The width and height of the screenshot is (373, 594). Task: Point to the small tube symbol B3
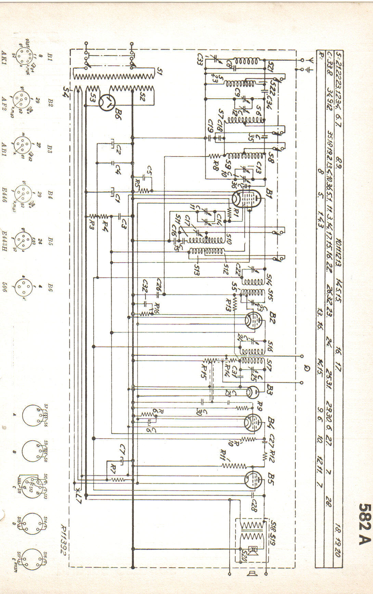tap(253, 392)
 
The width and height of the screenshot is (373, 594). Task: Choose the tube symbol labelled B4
tap(253, 422)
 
